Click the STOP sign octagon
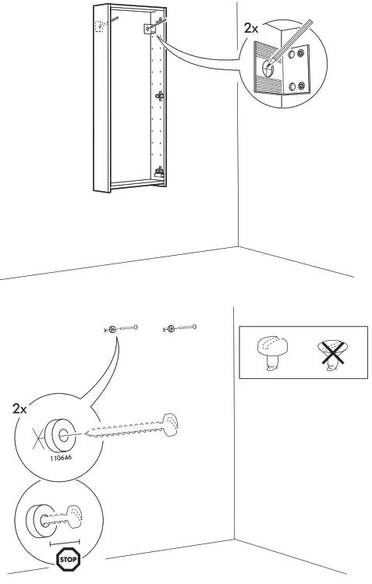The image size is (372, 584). (68, 559)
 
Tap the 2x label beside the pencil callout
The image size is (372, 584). (251, 27)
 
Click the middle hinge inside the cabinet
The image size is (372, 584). (161, 97)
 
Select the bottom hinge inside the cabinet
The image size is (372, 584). (161, 172)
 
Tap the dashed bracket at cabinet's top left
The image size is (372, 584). (99, 27)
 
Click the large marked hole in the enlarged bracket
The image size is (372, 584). (267, 67)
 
